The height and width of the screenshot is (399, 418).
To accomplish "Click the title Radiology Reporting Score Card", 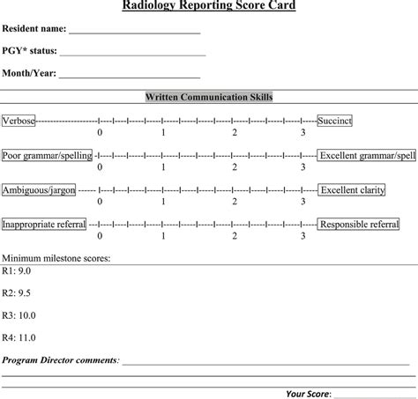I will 208,6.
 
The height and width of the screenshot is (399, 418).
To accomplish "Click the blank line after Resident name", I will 135,32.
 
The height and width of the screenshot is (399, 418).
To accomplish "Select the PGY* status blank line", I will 132,54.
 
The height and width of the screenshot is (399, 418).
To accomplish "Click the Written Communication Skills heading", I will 209,97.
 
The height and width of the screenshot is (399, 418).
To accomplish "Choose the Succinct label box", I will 334,120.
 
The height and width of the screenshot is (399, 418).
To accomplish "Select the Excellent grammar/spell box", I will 367,155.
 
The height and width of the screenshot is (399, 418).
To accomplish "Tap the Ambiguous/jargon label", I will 38,189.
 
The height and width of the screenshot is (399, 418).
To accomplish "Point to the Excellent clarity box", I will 352,189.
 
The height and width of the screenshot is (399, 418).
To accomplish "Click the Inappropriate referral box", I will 44,225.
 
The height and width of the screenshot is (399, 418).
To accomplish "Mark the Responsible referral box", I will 359,225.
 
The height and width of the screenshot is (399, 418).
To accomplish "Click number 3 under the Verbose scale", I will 302,132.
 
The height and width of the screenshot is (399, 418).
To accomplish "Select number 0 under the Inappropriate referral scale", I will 100,236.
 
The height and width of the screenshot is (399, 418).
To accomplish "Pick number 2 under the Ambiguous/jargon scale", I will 234,202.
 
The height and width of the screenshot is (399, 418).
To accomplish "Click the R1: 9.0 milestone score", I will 17,270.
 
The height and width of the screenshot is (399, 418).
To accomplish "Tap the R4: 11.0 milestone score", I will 19,336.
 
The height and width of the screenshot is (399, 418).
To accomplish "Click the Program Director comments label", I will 60,359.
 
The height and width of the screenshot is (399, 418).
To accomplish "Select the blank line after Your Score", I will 370,392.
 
